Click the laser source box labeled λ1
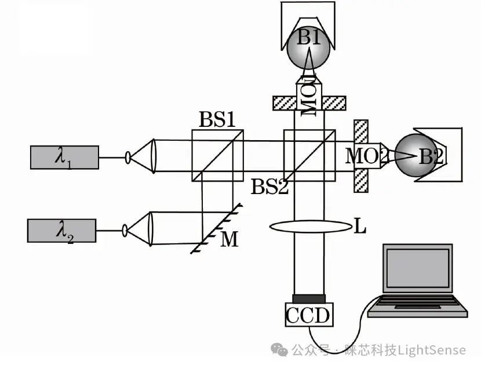[64, 157]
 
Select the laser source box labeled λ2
[61, 231]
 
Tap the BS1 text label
[217, 120]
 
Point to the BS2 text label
[269, 187]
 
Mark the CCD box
[308, 315]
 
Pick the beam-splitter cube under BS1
[217, 155]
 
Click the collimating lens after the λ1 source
[152, 155]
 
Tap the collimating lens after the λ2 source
[150, 229]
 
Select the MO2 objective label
[365, 155]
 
